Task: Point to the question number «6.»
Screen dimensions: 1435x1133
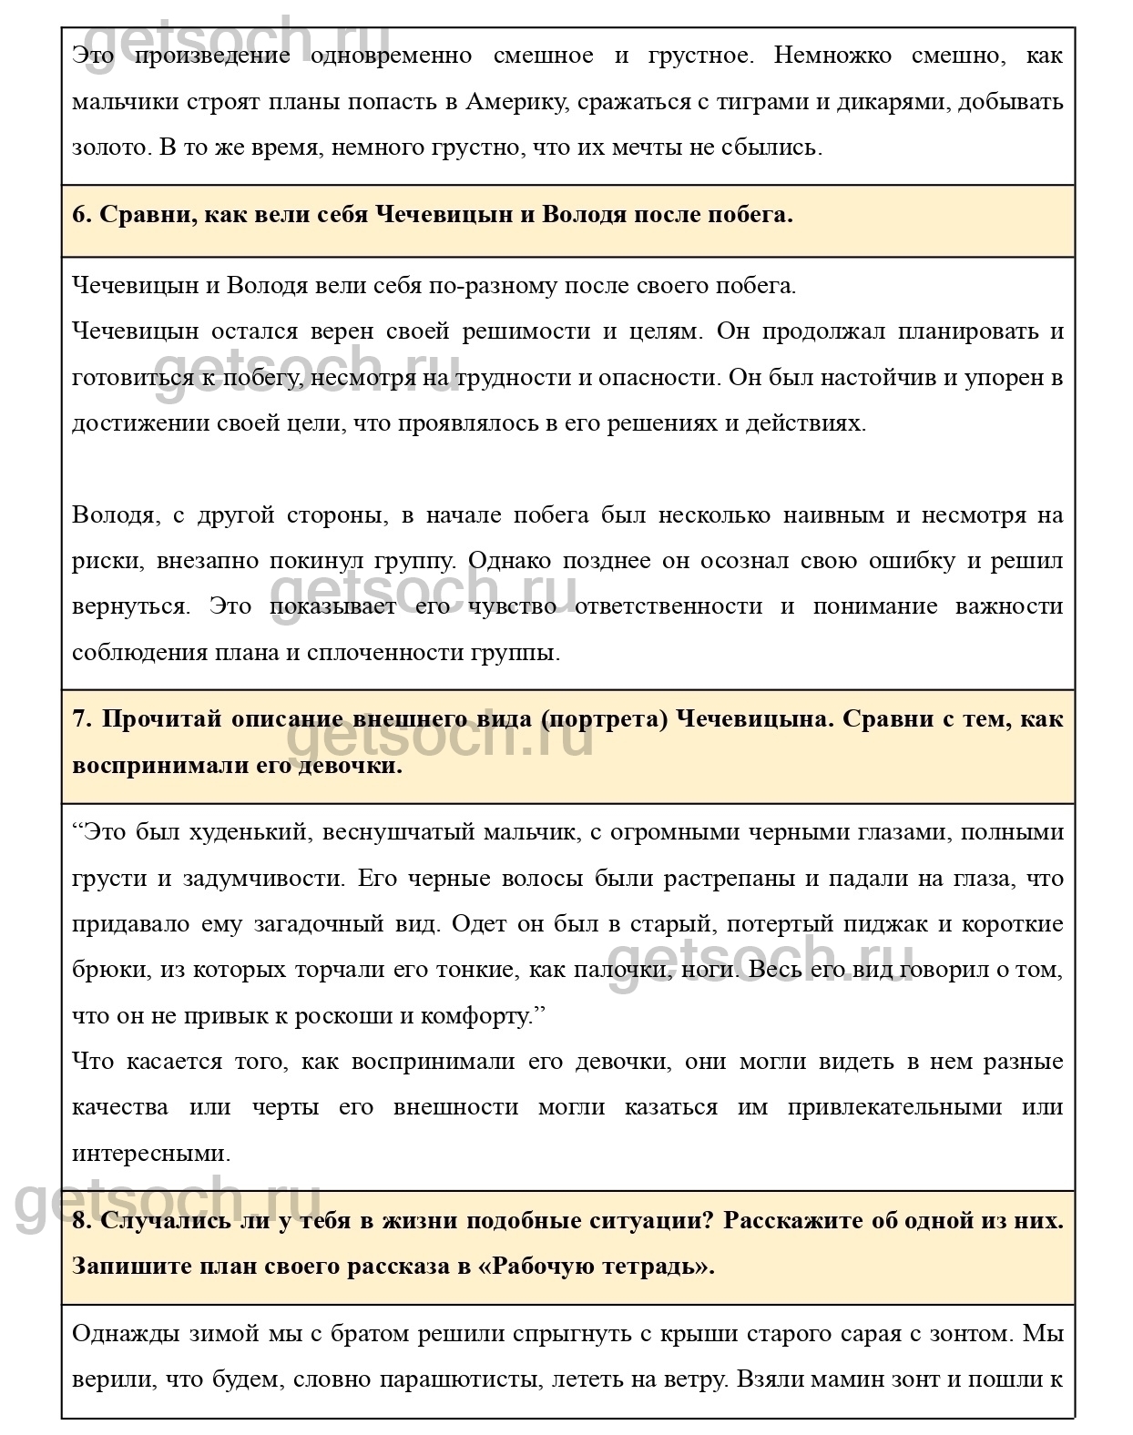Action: click(x=82, y=215)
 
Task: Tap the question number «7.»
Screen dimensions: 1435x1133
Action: click(x=82, y=718)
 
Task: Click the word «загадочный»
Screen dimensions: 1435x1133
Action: click(x=332, y=923)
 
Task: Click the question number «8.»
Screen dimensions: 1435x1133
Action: click(x=82, y=1221)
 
